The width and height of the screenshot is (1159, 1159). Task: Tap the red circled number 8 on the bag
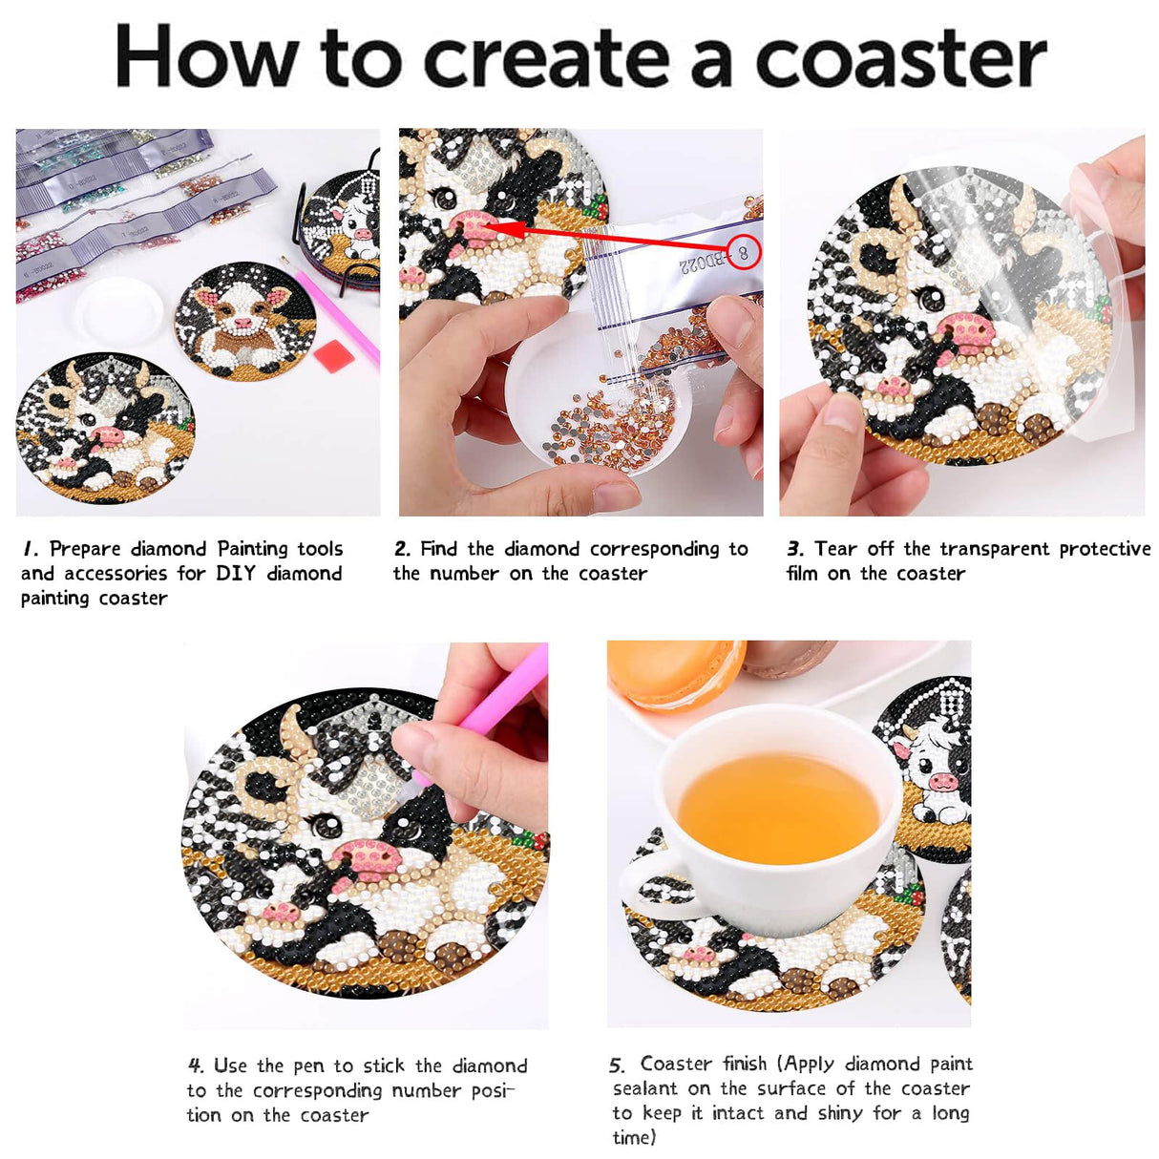click(x=744, y=253)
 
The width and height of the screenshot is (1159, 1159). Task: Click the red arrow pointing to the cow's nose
click(x=611, y=239)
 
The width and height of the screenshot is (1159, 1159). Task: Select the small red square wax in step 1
click(x=333, y=358)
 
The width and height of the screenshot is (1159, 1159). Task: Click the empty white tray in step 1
click(x=119, y=310)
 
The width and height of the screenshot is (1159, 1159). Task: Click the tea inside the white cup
click(x=778, y=807)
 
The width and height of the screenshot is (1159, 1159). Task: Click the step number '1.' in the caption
click(x=32, y=549)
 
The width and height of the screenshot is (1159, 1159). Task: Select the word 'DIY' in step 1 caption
click(x=235, y=574)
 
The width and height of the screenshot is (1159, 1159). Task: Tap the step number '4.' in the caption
click(x=196, y=1065)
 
